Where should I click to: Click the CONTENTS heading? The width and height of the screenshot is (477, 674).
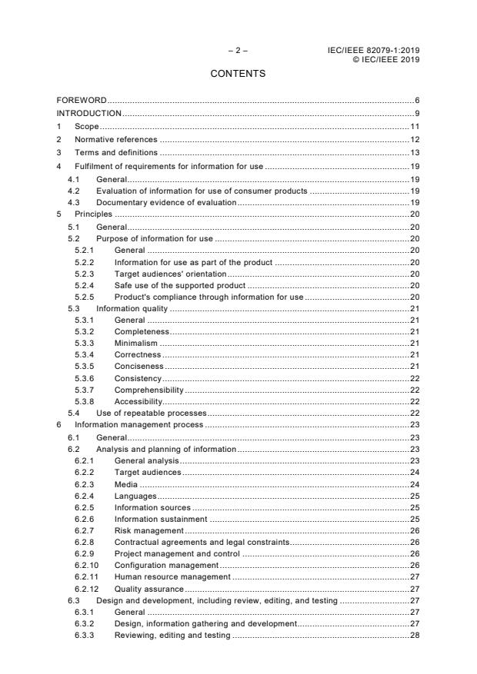pyautogui.click(x=238, y=74)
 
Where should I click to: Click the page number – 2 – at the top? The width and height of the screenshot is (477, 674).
pyautogui.click(x=238, y=51)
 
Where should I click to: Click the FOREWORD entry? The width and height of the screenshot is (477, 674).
pyautogui.click(x=82, y=101)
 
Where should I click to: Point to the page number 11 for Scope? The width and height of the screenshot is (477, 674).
pyautogui.click(x=414, y=127)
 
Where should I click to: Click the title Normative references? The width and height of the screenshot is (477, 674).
pyautogui.click(x=115, y=140)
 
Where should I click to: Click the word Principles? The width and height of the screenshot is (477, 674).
pyautogui.click(x=93, y=214)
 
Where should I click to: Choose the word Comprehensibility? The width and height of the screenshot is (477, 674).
pyautogui.click(x=148, y=390)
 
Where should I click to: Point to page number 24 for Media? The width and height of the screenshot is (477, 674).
pyautogui.click(x=414, y=484)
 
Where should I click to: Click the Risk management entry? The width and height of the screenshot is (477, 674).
pyautogui.click(x=148, y=530)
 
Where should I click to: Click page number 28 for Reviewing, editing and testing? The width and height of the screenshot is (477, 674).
pyautogui.click(x=414, y=635)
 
